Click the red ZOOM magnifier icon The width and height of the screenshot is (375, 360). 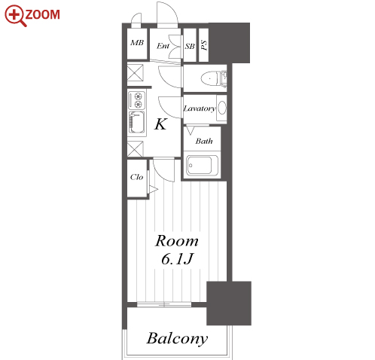(15, 16)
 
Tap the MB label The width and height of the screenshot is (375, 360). (137, 42)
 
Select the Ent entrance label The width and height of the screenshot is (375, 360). (163, 46)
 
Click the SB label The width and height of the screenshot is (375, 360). (190, 46)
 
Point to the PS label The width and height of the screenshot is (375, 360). (204, 45)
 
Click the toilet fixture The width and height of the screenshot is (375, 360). (214, 78)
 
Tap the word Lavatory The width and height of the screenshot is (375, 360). (200, 108)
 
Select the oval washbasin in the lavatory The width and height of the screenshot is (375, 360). (222, 108)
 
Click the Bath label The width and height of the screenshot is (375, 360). (204, 141)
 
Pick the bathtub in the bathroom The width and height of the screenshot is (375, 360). (202, 166)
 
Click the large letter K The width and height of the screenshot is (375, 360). (160, 124)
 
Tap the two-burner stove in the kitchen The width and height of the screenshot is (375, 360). (137, 100)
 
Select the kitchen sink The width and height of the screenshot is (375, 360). (137, 123)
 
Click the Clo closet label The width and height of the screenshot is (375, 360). (136, 177)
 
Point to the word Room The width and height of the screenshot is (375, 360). (177, 241)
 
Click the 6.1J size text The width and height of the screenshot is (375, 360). (177, 259)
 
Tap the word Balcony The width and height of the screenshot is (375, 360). (177, 338)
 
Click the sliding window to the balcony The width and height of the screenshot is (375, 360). (164, 304)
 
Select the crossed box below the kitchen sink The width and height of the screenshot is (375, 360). (135, 148)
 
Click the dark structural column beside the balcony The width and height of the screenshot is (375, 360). (229, 304)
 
